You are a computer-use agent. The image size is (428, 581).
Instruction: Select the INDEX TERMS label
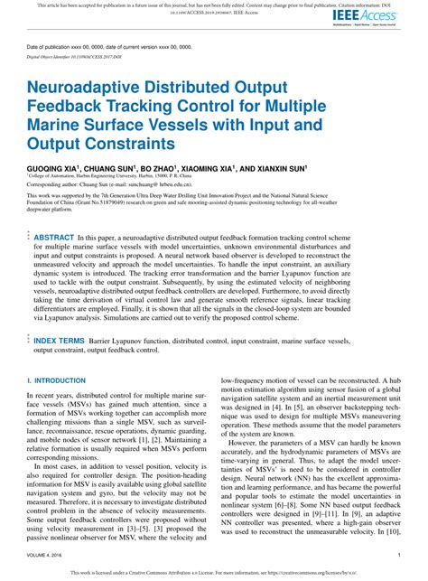(60, 341)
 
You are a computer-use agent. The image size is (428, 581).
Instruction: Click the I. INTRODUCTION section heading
(56, 381)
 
